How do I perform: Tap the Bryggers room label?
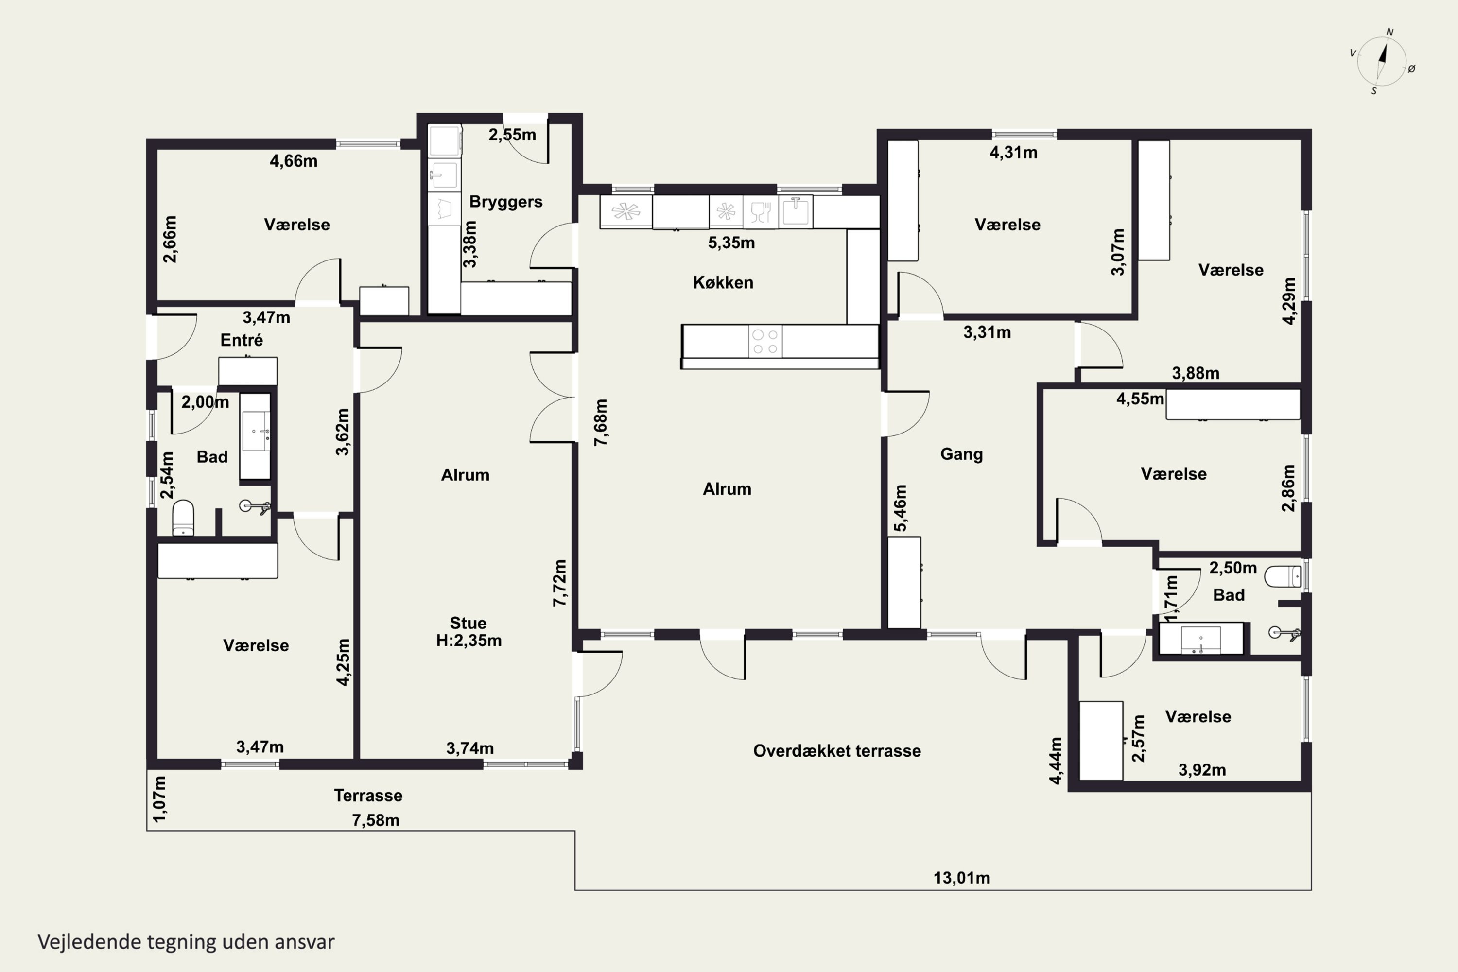[505, 202]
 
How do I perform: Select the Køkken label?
[723, 283]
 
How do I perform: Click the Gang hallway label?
[961, 454]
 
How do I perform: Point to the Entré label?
[242, 340]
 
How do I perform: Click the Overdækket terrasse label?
[837, 751]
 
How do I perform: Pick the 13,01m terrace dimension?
[961, 878]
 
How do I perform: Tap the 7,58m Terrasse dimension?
[376, 820]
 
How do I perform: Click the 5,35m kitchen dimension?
[731, 243]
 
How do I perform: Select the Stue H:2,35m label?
[469, 632]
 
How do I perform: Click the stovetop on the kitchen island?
[765, 341]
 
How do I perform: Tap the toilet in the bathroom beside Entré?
[183, 518]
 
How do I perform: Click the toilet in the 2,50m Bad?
[1283, 576]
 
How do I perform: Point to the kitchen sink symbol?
[795, 211]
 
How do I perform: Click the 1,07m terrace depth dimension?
[159, 799]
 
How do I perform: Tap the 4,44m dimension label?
[1056, 761]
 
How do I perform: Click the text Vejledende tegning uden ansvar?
[186, 942]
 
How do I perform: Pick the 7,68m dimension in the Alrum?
[601, 422]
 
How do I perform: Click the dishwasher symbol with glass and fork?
[761, 212]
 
